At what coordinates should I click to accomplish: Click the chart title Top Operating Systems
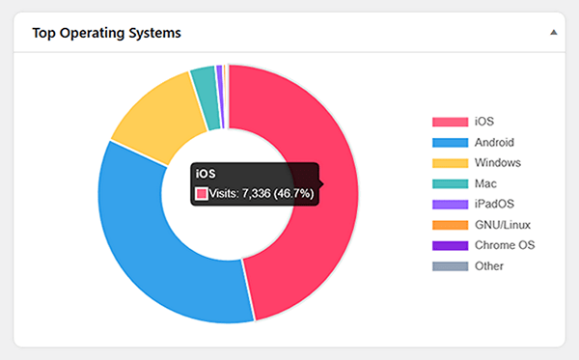pyautogui.click(x=106, y=32)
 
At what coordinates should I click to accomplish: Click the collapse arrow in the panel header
pyautogui.click(x=554, y=32)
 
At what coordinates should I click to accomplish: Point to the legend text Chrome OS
pyautogui.click(x=501, y=245)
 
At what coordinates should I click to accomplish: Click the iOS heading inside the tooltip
pyautogui.click(x=206, y=174)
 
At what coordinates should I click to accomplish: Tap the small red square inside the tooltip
pyautogui.click(x=202, y=193)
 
